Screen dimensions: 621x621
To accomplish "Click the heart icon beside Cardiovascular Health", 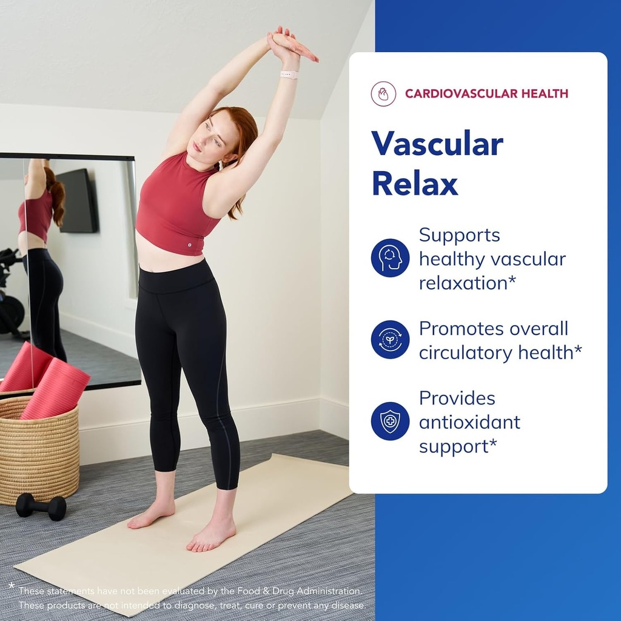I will pos(383,94).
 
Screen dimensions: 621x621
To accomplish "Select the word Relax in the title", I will pos(415,183).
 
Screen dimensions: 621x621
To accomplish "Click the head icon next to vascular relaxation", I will pos(390,258).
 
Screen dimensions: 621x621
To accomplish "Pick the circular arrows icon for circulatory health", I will pos(390,340).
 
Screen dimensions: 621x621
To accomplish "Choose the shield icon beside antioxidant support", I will pos(390,421).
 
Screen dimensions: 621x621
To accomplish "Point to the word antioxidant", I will pos(469,422).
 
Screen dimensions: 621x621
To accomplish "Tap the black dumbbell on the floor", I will pos(41,506).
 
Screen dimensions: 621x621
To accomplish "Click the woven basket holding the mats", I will pos(38,449).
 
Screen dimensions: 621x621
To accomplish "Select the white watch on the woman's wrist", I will pos(289,75).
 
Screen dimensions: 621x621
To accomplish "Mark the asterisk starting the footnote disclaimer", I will pos(11,586).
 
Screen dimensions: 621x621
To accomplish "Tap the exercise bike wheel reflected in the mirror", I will pos(11,312).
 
